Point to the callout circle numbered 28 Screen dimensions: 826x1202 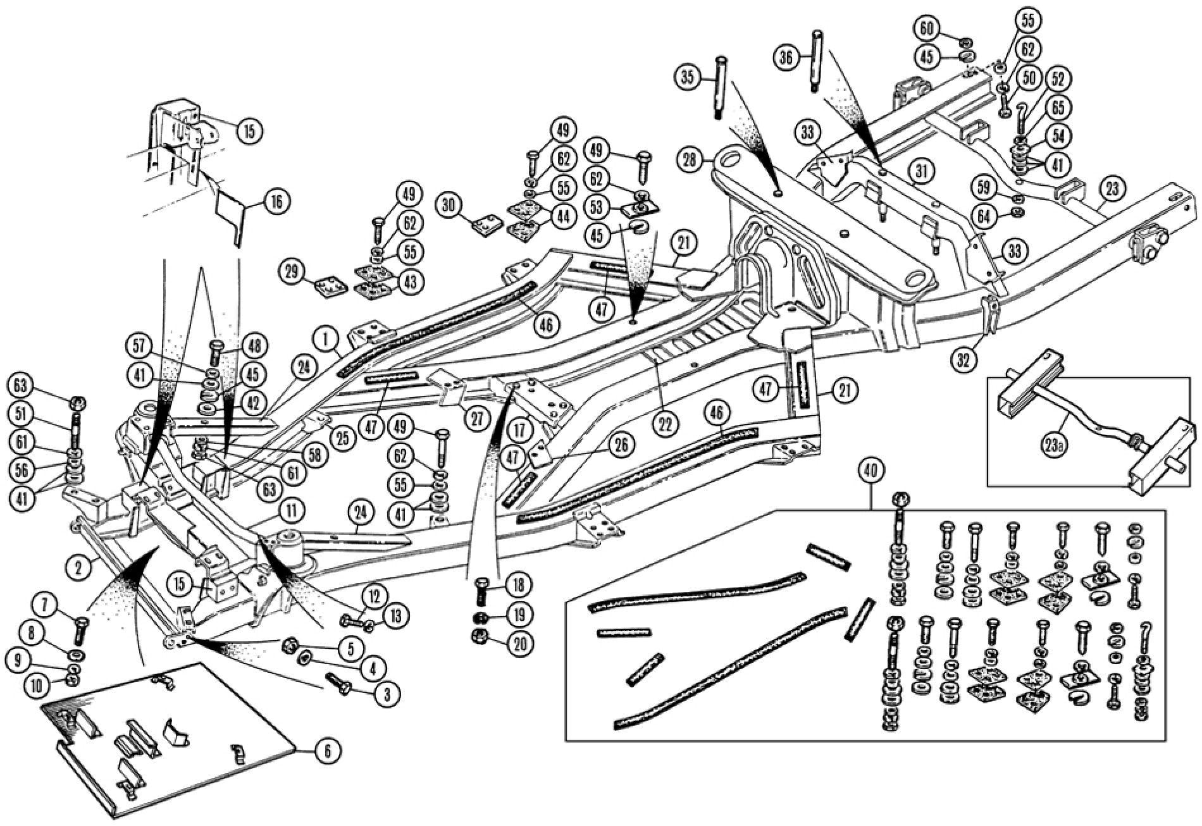coord(689,160)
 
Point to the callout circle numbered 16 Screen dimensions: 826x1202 coord(277,201)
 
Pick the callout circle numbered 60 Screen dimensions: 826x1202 coord(926,28)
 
